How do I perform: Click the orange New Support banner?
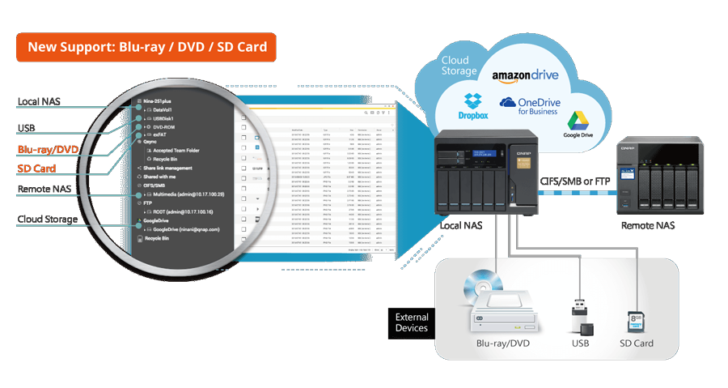click(146, 46)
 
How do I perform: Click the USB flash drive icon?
click(581, 317)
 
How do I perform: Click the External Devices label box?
click(411, 322)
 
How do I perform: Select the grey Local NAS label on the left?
click(39, 102)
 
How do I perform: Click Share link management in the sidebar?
click(167, 168)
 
